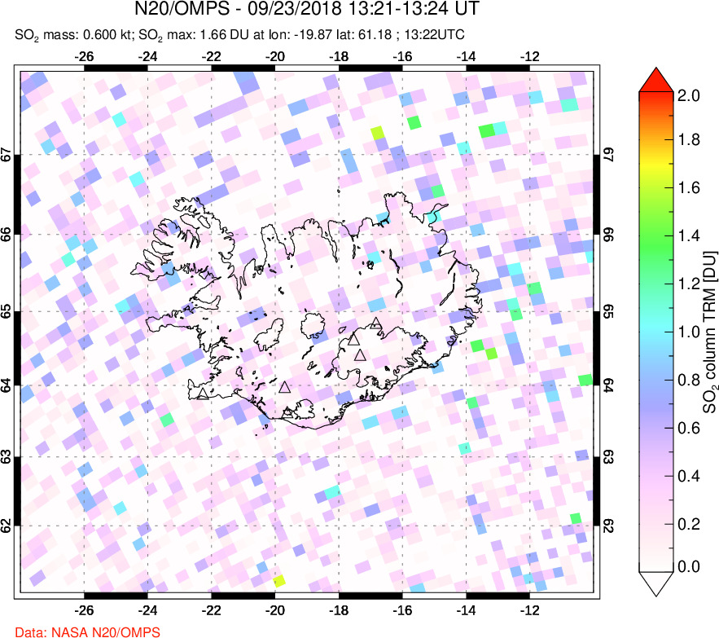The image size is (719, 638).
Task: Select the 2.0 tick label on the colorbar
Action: [689, 95]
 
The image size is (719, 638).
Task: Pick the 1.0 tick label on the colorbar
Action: [689, 332]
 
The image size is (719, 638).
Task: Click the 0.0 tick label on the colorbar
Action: [689, 566]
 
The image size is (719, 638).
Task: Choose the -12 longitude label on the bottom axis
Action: [530, 609]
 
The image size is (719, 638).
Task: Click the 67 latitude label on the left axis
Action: [7, 155]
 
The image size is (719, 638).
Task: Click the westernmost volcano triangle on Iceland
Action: [202, 394]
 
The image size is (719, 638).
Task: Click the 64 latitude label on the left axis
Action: [7, 385]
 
